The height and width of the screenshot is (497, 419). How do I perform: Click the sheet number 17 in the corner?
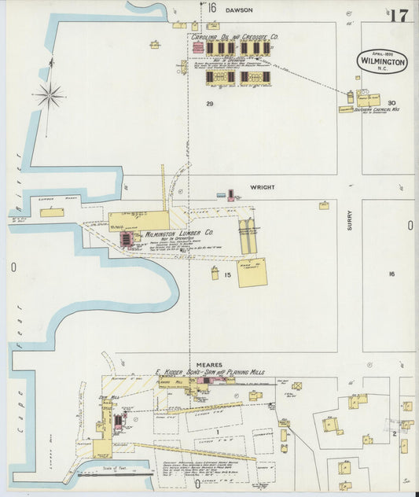click(x=397, y=15)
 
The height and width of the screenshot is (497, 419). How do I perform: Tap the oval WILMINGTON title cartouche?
click(x=383, y=61)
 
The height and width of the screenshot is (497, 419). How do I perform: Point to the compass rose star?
click(x=50, y=96)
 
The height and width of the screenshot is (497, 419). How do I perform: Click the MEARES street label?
click(x=210, y=365)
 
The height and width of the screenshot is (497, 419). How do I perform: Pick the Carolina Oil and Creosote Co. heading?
click(x=234, y=36)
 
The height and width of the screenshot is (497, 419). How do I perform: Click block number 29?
click(x=210, y=104)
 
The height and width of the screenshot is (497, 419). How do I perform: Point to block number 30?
click(x=391, y=103)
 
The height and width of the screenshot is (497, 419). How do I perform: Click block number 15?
click(x=227, y=274)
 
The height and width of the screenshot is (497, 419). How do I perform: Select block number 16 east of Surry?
click(x=391, y=274)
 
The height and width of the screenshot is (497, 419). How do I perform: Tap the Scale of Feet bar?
click(x=115, y=470)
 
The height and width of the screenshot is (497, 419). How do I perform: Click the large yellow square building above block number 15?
click(x=252, y=271)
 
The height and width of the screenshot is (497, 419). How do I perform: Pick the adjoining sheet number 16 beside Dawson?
click(x=211, y=7)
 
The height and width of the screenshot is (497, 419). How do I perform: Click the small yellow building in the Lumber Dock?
click(x=52, y=212)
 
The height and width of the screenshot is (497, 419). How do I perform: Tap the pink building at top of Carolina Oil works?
click(x=197, y=48)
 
